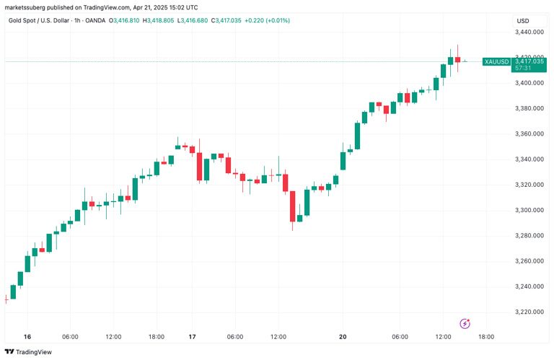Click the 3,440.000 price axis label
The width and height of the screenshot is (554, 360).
[529, 32]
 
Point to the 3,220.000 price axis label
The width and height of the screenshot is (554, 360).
[529, 312]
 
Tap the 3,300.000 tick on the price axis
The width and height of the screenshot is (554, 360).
[529, 211]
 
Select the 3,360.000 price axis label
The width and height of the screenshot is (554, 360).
[529, 134]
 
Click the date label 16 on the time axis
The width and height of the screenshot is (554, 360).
[27, 337]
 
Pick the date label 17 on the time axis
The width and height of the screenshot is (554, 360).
[193, 337]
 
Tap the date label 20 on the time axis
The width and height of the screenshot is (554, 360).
[343, 337]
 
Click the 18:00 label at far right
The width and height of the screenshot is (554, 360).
[486, 337]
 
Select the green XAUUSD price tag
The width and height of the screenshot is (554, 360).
[496, 62]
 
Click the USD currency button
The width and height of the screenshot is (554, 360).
[524, 20]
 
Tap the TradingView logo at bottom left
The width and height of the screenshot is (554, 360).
[28, 352]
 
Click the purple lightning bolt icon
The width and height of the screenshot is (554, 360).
[465, 324]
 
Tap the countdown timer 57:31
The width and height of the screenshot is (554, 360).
[522, 68]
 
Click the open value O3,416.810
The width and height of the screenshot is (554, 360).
[124, 20]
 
